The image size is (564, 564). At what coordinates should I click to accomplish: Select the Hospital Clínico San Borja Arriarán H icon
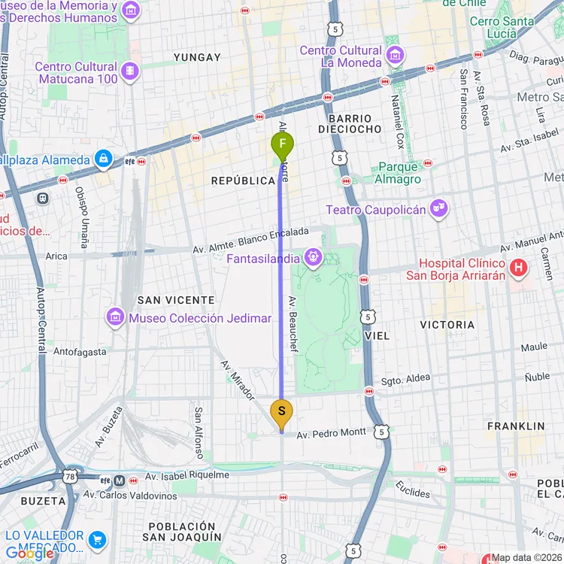[517, 267]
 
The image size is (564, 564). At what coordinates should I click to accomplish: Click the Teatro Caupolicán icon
[438, 209]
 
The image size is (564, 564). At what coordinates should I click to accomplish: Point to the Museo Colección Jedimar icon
[115, 317]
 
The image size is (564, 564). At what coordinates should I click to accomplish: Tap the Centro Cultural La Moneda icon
[395, 56]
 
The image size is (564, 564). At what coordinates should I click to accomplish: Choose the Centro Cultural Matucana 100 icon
[130, 71]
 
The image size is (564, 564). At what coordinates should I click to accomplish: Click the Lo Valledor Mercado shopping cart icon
[96, 539]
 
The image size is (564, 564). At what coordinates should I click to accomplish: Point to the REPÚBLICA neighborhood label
[243, 181]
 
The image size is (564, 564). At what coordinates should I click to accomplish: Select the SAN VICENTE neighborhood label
[176, 300]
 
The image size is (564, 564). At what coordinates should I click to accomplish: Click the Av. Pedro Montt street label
[331, 433]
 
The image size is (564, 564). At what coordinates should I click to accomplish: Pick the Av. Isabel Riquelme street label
[187, 475]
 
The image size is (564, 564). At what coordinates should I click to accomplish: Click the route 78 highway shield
[70, 477]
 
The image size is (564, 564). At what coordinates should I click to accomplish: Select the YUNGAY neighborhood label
[197, 57]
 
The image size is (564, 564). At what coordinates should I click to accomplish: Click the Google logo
[29, 553]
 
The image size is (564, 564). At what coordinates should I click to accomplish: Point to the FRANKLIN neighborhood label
[515, 426]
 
